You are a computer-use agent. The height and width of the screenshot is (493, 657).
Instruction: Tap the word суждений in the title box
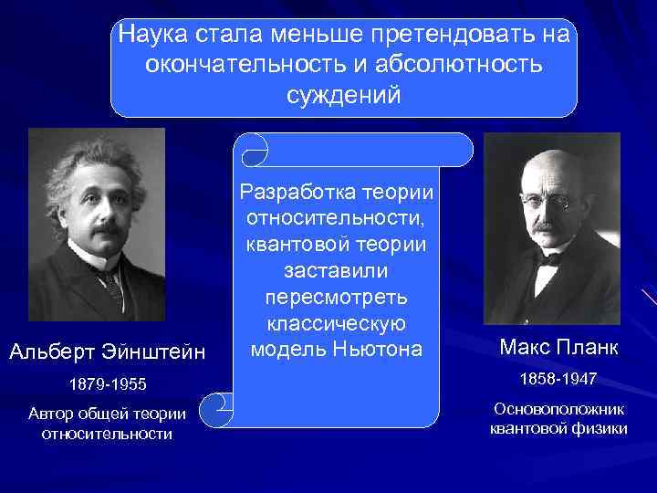(x=343, y=96)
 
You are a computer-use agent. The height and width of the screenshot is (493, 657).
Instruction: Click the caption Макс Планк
(x=559, y=347)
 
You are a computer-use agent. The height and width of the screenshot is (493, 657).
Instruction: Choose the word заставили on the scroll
(x=336, y=273)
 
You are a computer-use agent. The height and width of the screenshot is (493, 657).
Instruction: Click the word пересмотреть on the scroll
(x=336, y=299)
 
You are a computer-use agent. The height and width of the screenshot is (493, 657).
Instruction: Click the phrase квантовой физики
(x=559, y=428)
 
